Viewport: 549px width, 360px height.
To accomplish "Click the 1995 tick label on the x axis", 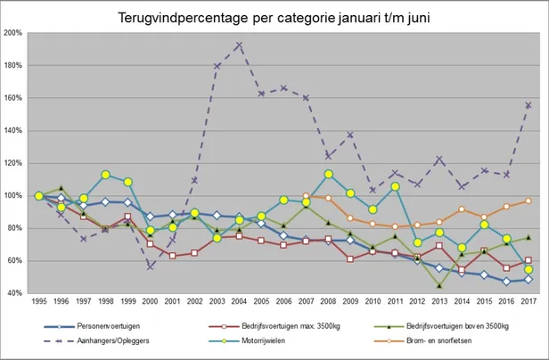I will click(39, 302).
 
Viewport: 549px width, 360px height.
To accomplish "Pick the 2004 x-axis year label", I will click(239, 302).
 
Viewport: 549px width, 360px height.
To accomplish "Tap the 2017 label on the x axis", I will click(528, 302).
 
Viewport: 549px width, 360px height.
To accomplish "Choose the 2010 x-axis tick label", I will click(373, 302).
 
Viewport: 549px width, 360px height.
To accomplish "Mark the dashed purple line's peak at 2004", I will click(239, 45).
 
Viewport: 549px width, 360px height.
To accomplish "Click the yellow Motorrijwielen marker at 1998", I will click(106, 175).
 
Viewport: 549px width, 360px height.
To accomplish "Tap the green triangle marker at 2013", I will click(439, 286).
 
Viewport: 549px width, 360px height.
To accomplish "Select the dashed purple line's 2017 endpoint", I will click(528, 105).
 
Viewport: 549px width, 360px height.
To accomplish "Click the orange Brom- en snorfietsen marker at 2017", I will click(528, 200).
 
